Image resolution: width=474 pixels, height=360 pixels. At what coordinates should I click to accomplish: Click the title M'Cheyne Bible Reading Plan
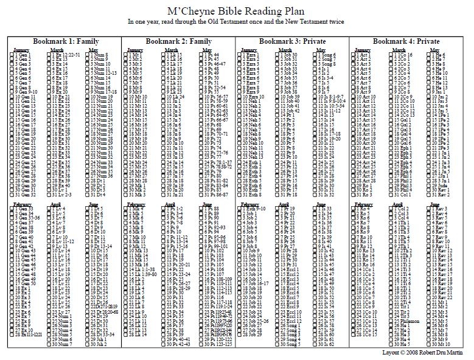pos(237,10)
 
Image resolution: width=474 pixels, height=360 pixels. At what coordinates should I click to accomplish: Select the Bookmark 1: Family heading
pos(64,41)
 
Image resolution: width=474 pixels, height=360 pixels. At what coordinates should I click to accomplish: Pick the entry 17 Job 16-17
pos(255,283)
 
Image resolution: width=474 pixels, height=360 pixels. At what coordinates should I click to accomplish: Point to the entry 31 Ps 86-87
pos(216,194)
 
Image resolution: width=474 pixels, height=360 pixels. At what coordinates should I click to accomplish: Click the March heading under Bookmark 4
pos(397,50)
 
